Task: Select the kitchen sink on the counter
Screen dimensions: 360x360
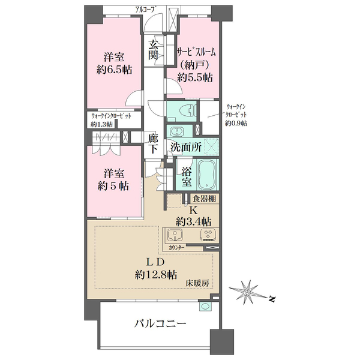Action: coord(175,235)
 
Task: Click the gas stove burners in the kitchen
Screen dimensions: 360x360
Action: coord(209,235)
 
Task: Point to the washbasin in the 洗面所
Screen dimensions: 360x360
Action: coord(176,132)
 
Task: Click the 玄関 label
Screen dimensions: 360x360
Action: coord(153,50)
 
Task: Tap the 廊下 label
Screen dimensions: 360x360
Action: coord(153,144)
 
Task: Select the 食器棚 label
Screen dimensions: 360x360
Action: coord(205,199)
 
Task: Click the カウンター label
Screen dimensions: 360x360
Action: coord(176,247)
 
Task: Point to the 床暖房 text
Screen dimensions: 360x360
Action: coord(197,283)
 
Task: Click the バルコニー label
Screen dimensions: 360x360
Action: coord(160,324)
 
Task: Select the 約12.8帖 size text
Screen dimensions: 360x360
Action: coord(156,274)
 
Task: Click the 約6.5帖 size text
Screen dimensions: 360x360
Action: coord(114,70)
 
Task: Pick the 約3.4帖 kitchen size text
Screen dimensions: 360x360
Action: coord(194,222)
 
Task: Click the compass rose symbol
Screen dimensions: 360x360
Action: coord(247,293)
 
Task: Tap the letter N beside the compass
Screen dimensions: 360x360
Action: coord(272,299)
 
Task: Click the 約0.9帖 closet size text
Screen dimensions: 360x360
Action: coord(236,124)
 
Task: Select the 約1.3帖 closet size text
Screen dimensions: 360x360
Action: coord(101,124)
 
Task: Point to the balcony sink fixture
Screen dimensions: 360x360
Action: coord(205,307)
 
